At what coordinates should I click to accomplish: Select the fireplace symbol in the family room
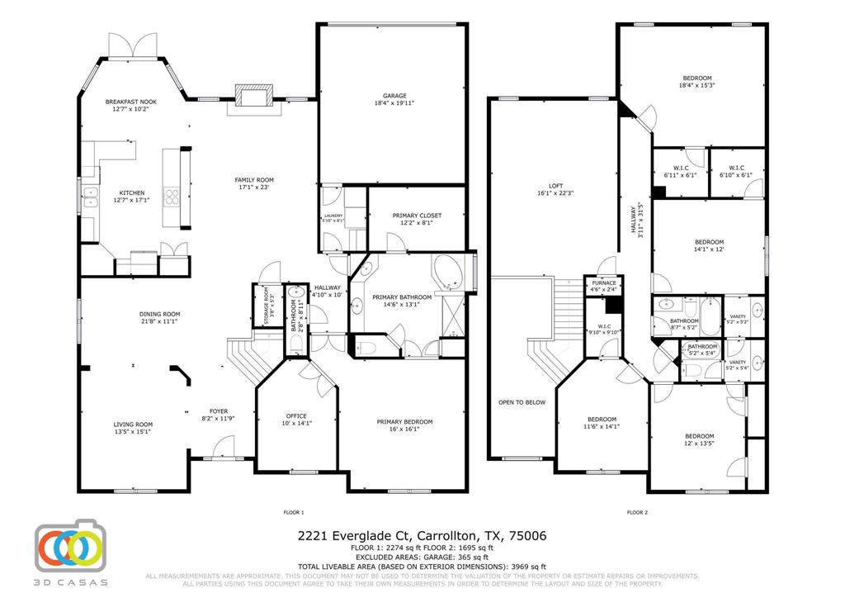[x=253, y=95]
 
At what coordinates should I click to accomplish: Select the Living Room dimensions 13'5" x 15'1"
[x=133, y=431]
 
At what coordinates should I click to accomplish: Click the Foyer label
[x=218, y=411]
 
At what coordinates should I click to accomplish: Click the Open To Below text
[x=522, y=402]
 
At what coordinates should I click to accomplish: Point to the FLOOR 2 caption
[x=636, y=512]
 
